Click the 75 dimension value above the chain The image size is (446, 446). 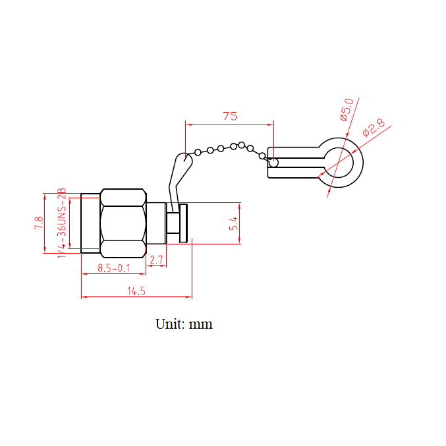coord(230,116)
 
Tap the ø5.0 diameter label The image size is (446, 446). coord(347,109)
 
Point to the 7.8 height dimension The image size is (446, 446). coord(39,223)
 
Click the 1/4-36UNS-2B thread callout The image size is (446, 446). coord(62,223)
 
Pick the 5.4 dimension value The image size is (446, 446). coord(233,223)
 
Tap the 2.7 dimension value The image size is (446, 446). coord(156,260)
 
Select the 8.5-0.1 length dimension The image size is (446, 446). coord(114,268)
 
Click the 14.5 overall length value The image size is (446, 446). coord(136,291)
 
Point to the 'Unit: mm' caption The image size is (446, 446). coord(184,324)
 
